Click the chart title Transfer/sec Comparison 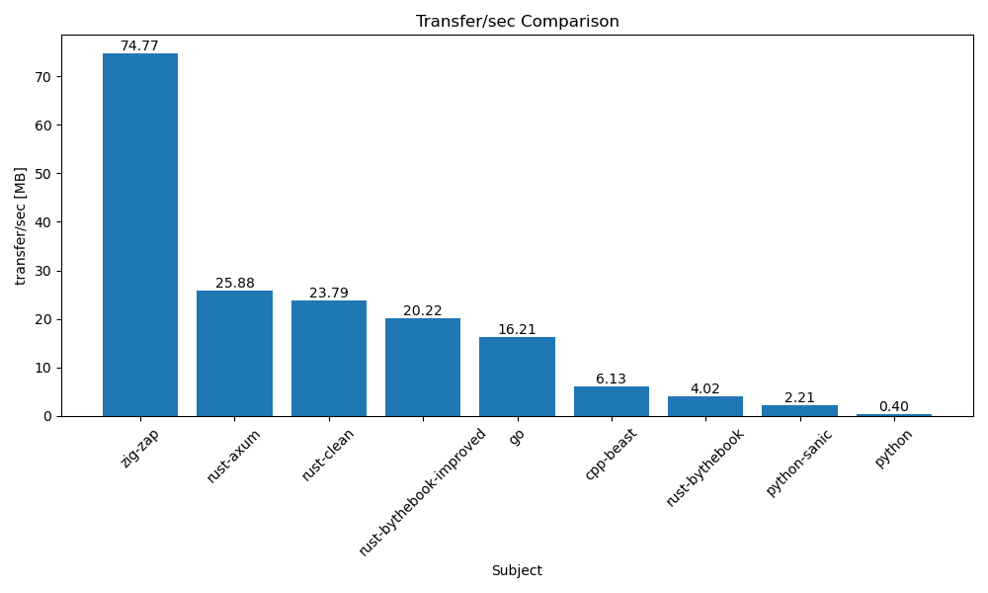[x=517, y=22]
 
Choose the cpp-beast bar [x=611, y=401]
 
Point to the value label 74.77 [x=140, y=46]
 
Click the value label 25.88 [x=234, y=284]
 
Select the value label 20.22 [x=423, y=311]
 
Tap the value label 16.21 [x=517, y=330]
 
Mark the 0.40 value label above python [x=893, y=407]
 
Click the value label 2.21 [x=799, y=398]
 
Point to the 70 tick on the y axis [x=43, y=77]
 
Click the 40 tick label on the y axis [x=43, y=222]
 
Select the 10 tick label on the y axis [x=43, y=368]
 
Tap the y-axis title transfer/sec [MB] [x=21, y=225]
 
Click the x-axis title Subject [x=517, y=571]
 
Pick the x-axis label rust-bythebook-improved [x=423, y=492]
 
